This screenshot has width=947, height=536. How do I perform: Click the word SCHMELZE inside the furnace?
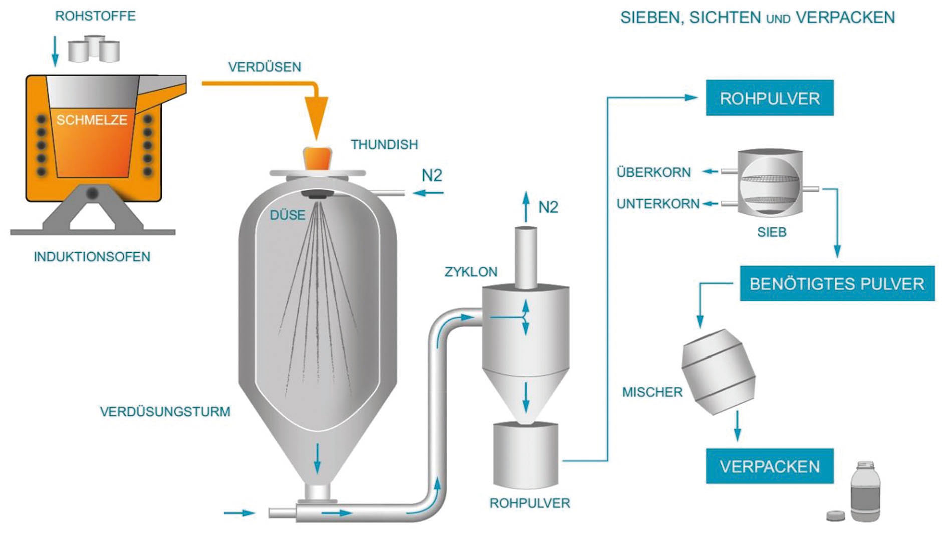(92, 120)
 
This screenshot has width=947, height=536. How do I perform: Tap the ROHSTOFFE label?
(95, 16)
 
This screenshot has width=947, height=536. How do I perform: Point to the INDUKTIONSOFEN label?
(92, 257)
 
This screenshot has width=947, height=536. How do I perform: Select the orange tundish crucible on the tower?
(317, 159)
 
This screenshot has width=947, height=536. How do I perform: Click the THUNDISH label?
(384, 145)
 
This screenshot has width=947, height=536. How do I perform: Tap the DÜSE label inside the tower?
(287, 215)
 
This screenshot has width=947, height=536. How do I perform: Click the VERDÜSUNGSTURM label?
(165, 412)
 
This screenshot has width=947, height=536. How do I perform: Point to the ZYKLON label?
(471, 272)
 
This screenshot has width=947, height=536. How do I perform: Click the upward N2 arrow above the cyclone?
(526, 206)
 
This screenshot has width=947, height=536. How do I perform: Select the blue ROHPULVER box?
(770, 98)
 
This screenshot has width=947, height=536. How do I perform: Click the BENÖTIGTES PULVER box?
(837, 284)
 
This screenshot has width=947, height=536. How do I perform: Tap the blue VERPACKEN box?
(770, 466)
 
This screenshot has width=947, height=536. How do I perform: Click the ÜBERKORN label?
(653, 172)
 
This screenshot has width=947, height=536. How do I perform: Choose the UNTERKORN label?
(658, 204)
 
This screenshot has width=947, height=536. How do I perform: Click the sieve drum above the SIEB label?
(769, 184)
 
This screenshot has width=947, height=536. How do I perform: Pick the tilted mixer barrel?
(719, 372)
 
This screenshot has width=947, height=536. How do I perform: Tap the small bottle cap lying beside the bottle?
(835, 515)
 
